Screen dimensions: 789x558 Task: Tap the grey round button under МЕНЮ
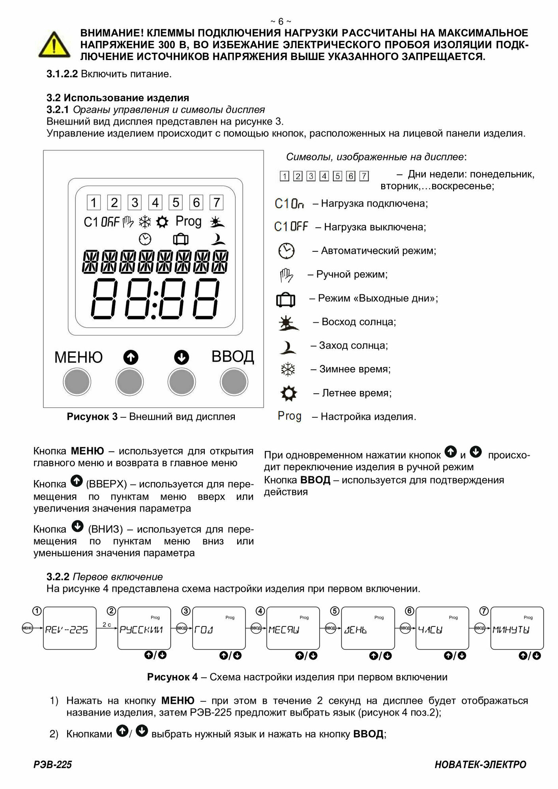point(77,382)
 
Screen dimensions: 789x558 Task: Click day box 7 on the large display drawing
point(216,203)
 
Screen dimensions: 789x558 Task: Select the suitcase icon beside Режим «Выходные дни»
point(285,299)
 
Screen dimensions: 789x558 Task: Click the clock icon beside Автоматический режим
point(286,251)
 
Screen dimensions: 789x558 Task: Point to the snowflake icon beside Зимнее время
point(288,370)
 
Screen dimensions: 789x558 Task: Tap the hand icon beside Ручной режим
point(286,275)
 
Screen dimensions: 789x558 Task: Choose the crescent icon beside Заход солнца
point(288,346)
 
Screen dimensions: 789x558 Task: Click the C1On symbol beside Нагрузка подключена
point(289,204)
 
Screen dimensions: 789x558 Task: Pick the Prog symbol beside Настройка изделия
point(289,416)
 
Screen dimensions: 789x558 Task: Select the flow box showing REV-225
point(69,628)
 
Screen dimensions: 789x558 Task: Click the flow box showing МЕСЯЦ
point(293,628)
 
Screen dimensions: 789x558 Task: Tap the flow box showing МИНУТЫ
point(517,628)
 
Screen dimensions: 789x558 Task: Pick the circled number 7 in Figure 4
point(484,611)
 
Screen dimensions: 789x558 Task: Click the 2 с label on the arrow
point(107,624)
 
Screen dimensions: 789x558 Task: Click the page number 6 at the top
point(281,21)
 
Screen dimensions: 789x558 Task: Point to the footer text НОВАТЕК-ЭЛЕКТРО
point(480,765)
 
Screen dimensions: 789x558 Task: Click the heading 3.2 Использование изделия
point(118,97)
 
